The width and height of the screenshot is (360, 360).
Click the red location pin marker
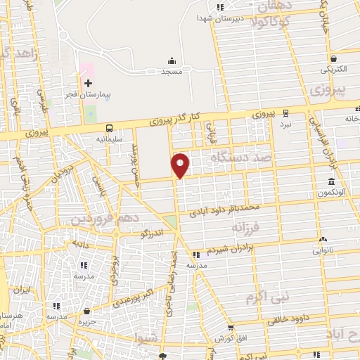coord(181,165)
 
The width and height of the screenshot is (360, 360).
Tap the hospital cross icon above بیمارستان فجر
coord(88,83)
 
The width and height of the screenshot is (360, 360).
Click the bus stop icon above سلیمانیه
coord(109,128)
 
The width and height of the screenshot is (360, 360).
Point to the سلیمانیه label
coord(109,139)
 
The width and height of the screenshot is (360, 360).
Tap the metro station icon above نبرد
coord(285,113)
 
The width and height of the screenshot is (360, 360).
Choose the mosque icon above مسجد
coord(172,60)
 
